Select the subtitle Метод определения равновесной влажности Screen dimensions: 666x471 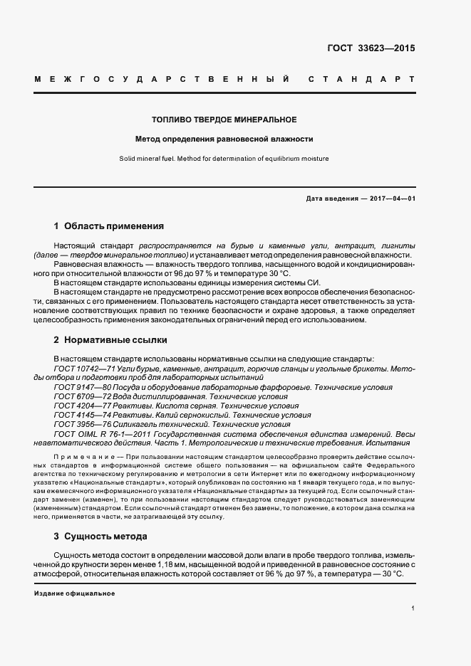pos(224,139)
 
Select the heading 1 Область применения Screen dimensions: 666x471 pos(109,226)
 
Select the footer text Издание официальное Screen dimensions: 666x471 pos(74,593)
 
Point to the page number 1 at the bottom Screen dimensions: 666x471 pos(413,608)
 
